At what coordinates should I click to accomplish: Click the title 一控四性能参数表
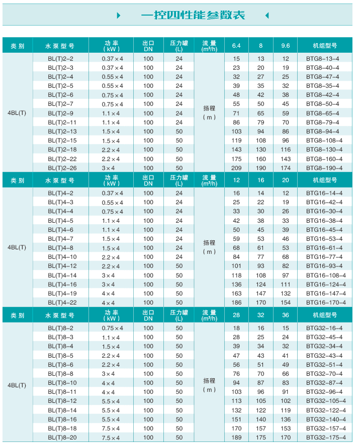click(x=193, y=15)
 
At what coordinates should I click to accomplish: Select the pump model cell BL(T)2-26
click(x=61, y=168)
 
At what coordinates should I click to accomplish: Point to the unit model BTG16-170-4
click(x=326, y=303)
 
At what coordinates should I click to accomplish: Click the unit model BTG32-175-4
click(x=326, y=437)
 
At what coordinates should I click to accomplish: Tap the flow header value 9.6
click(x=286, y=46)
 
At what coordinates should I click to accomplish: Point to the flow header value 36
click(x=286, y=316)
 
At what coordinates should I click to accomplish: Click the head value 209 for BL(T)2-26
click(x=236, y=168)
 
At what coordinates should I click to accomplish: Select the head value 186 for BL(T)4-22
click(x=236, y=303)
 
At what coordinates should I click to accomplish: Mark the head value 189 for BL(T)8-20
click(x=236, y=437)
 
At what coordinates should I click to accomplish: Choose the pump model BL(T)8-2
click(x=61, y=328)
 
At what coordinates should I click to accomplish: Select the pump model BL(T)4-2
click(x=61, y=193)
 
